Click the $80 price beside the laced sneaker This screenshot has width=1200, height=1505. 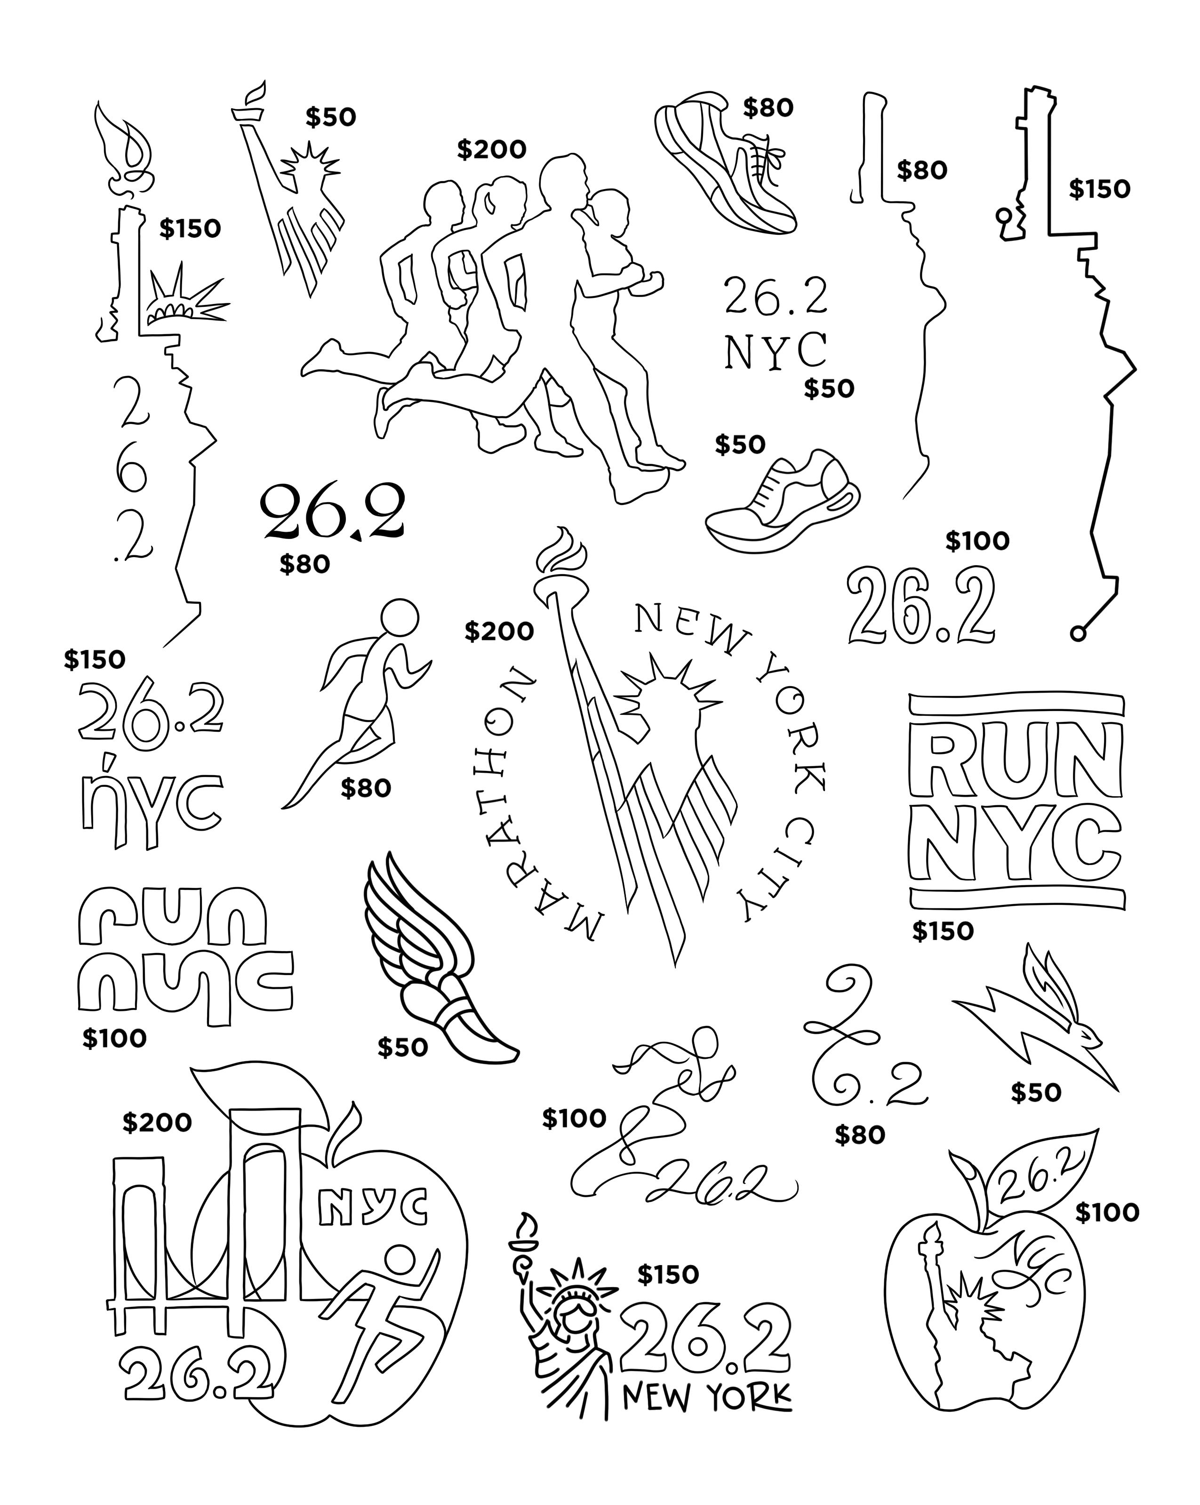click(768, 107)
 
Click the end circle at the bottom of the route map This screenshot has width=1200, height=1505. click(1078, 634)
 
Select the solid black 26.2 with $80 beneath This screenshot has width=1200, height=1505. click(332, 513)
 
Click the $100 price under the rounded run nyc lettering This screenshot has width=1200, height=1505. click(114, 1039)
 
